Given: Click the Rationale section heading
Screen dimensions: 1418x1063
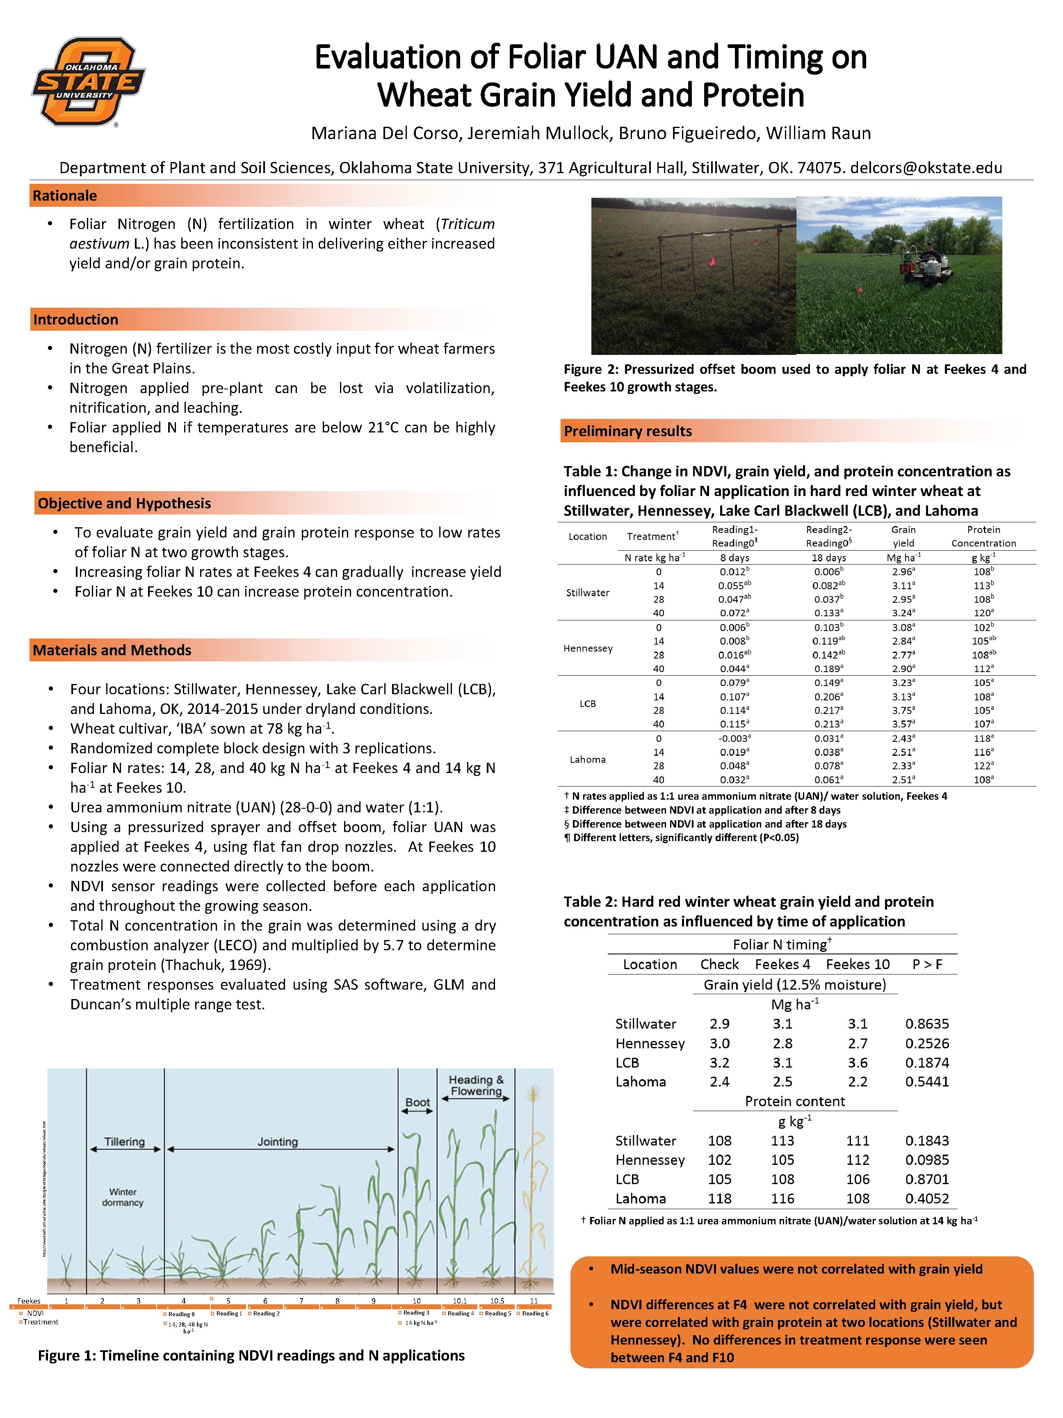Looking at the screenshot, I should (x=65, y=196).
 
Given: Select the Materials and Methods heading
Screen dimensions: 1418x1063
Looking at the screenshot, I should (x=112, y=650).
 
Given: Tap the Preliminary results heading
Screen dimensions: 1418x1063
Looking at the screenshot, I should (x=627, y=431).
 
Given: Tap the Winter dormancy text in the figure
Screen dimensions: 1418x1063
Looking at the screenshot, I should (x=122, y=1197).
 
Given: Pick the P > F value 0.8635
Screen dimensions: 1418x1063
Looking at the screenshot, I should (x=926, y=1024).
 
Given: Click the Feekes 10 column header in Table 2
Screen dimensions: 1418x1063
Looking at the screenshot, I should (x=857, y=964).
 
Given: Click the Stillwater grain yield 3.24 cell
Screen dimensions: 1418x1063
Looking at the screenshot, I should (x=902, y=613).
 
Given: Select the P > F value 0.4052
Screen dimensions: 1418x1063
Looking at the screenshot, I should (x=926, y=1198).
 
